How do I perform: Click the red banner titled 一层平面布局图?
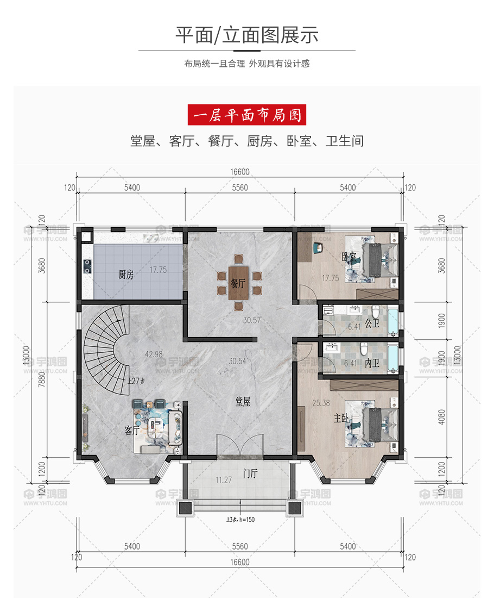[x=247, y=115]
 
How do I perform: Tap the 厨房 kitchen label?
[x=126, y=274]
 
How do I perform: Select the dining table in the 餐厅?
[x=239, y=283]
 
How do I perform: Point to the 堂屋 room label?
[x=243, y=401]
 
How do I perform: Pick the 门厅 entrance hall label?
[x=250, y=474]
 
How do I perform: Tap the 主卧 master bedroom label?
[x=341, y=418]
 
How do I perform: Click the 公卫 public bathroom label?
[x=372, y=324]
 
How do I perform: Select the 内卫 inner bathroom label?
[x=372, y=363]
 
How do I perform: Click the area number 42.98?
[x=154, y=354]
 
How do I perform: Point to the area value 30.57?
[x=252, y=320]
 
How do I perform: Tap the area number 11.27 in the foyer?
[x=224, y=480]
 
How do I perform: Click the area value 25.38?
[x=321, y=403]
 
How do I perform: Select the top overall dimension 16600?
[x=240, y=172]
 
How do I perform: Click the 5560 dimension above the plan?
[x=240, y=188]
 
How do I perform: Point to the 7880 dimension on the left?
[x=41, y=379]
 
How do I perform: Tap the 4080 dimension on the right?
[x=441, y=417]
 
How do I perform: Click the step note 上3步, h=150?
[x=240, y=519]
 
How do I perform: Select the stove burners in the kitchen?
[x=87, y=266]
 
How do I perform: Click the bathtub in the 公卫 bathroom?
[x=392, y=322]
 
